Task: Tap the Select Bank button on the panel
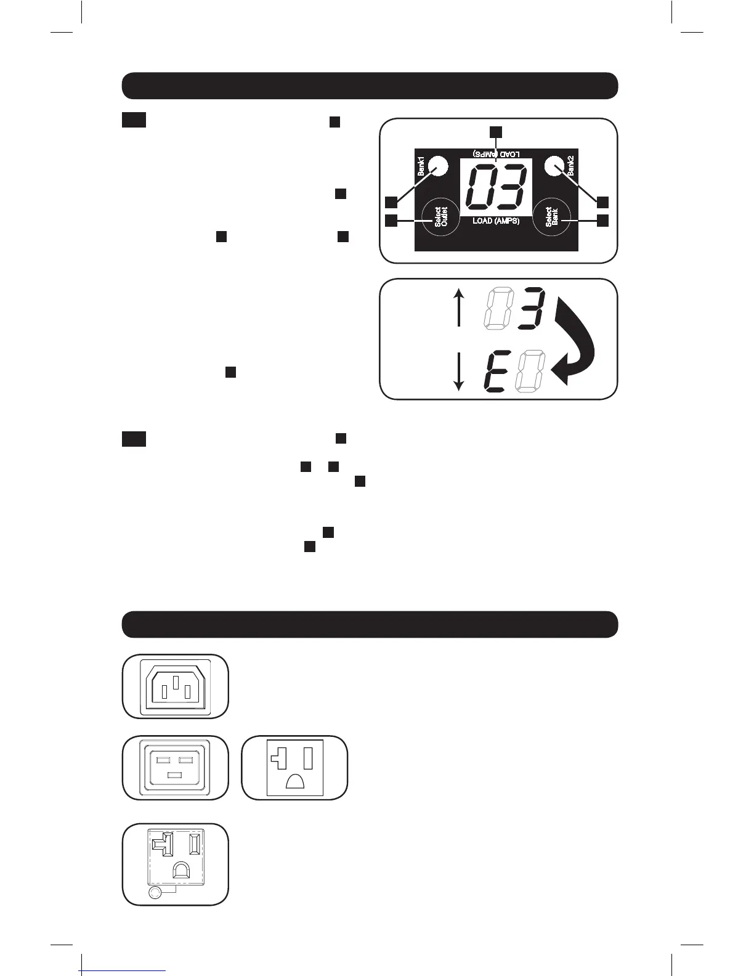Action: pyautogui.click(x=551, y=218)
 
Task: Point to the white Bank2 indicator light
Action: pyautogui.click(x=555, y=166)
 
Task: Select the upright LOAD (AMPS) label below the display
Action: pyautogui.click(x=497, y=221)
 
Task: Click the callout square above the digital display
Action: pyautogui.click(x=496, y=132)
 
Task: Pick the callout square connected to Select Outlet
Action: pyautogui.click(x=391, y=220)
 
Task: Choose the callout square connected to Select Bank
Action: pyautogui.click(x=602, y=220)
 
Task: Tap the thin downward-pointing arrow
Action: pyautogui.click(x=458, y=372)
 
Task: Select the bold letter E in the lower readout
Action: pyautogui.click(x=497, y=371)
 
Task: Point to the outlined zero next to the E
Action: pyautogui.click(x=530, y=371)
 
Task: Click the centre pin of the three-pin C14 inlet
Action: pyautogui.click(x=176, y=683)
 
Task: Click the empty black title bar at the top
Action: pyautogui.click(x=370, y=86)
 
